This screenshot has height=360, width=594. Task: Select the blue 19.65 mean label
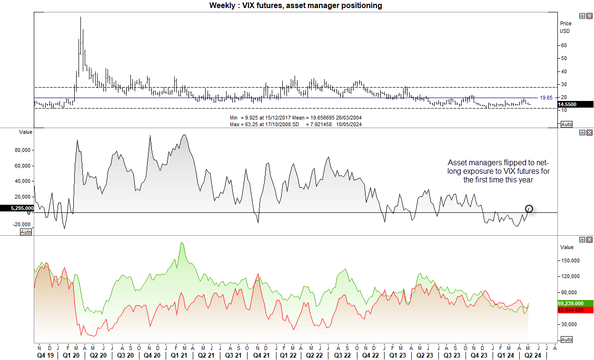click(545, 97)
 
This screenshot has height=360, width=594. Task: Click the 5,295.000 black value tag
click(17, 208)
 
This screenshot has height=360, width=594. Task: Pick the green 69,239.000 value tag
click(575, 303)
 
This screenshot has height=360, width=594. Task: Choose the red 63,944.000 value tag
click(575, 310)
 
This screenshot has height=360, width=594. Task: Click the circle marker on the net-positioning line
click(529, 209)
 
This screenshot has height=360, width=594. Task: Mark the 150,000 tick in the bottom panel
click(570, 260)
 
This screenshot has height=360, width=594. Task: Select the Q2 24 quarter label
click(533, 355)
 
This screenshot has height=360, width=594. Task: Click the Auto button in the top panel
click(566, 124)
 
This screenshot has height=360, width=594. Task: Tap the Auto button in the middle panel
click(26, 232)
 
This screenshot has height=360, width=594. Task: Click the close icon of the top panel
click(589, 16)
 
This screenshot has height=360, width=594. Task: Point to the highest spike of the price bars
click(80, 17)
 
